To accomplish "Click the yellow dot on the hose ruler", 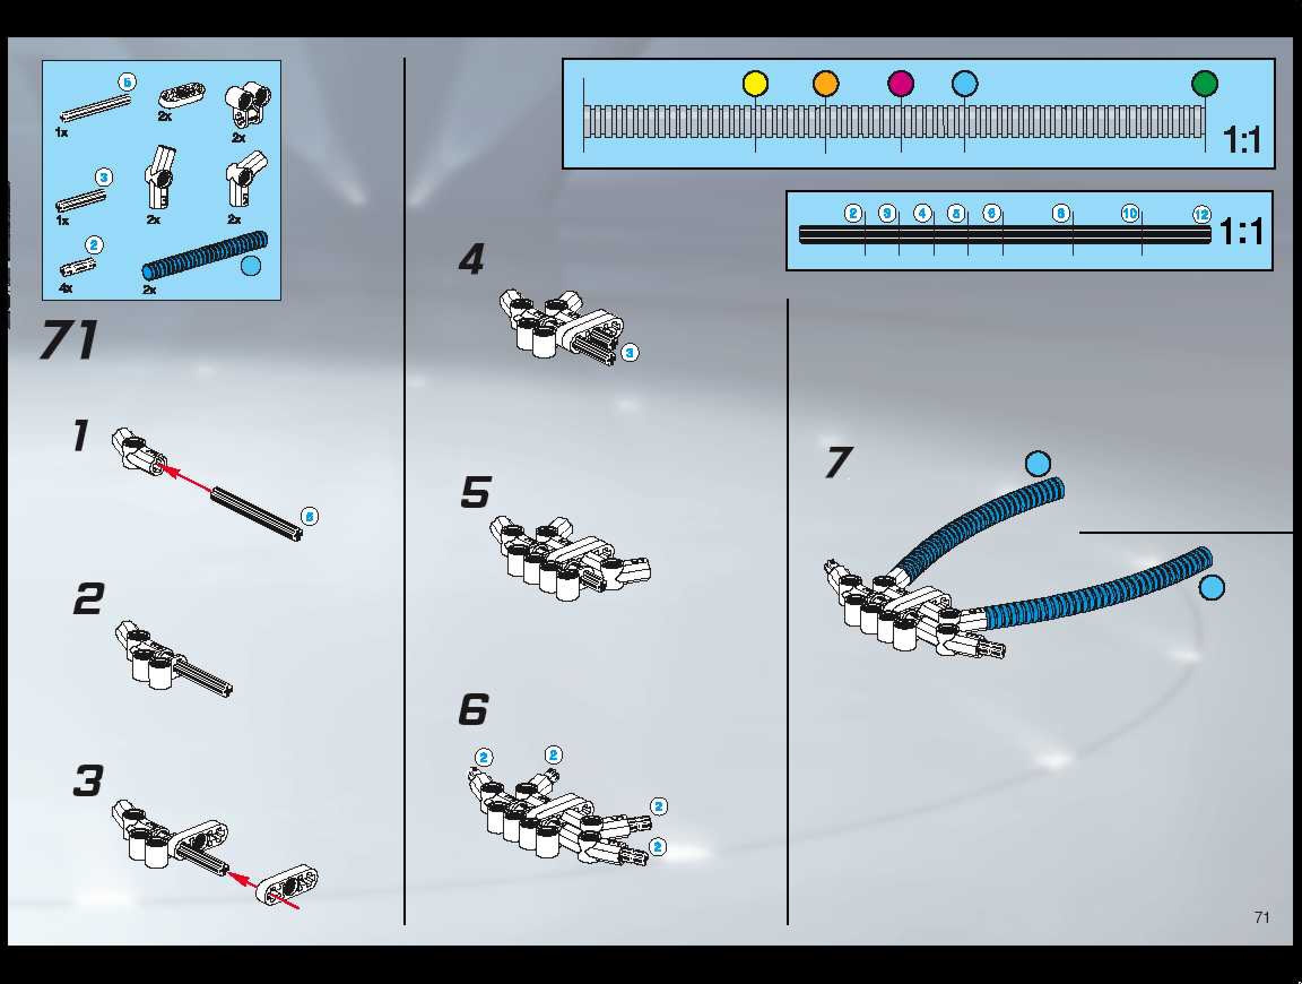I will (755, 84).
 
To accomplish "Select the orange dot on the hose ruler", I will (825, 84).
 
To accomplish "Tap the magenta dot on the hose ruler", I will (901, 84).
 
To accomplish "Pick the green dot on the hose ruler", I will (1204, 84).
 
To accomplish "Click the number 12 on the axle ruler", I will (1201, 214).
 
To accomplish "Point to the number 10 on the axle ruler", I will (1130, 213).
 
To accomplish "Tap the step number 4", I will (471, 259).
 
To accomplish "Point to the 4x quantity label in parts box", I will (66, 288).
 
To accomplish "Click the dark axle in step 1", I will (257, 513).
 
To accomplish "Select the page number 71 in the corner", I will (1261, 917).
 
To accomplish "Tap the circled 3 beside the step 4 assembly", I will (630, 353).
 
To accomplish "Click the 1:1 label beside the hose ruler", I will (1242, 140).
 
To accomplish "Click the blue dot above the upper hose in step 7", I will (1038, 463).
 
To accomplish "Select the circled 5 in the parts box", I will (127, 83).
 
